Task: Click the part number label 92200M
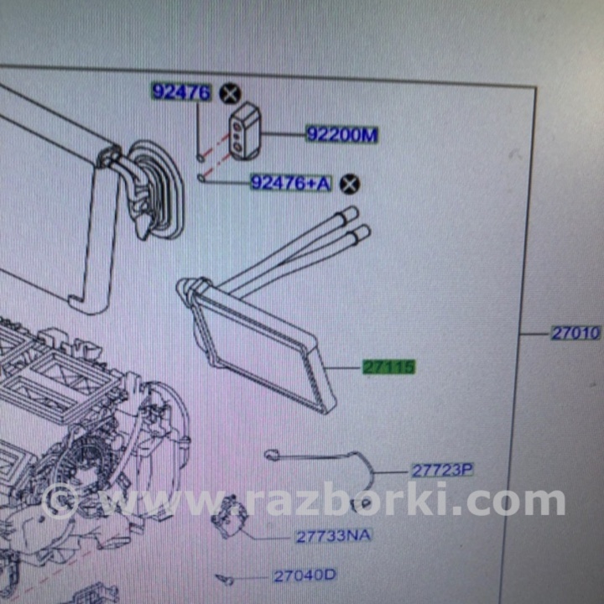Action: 342,134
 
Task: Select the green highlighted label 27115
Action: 389,367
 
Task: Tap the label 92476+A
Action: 291,183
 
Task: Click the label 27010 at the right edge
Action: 575,333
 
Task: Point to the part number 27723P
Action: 443,471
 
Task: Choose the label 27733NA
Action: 333,536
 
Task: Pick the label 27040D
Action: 305,575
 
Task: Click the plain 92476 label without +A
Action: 181,92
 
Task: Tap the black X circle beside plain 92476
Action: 230,94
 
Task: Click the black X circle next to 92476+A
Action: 350,184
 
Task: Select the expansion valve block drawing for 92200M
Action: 245,131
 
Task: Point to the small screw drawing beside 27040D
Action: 224,579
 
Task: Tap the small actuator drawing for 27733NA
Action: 229,516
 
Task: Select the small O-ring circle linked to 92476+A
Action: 200,178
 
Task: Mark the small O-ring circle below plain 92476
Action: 200,158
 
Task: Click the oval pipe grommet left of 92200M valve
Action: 156,189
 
